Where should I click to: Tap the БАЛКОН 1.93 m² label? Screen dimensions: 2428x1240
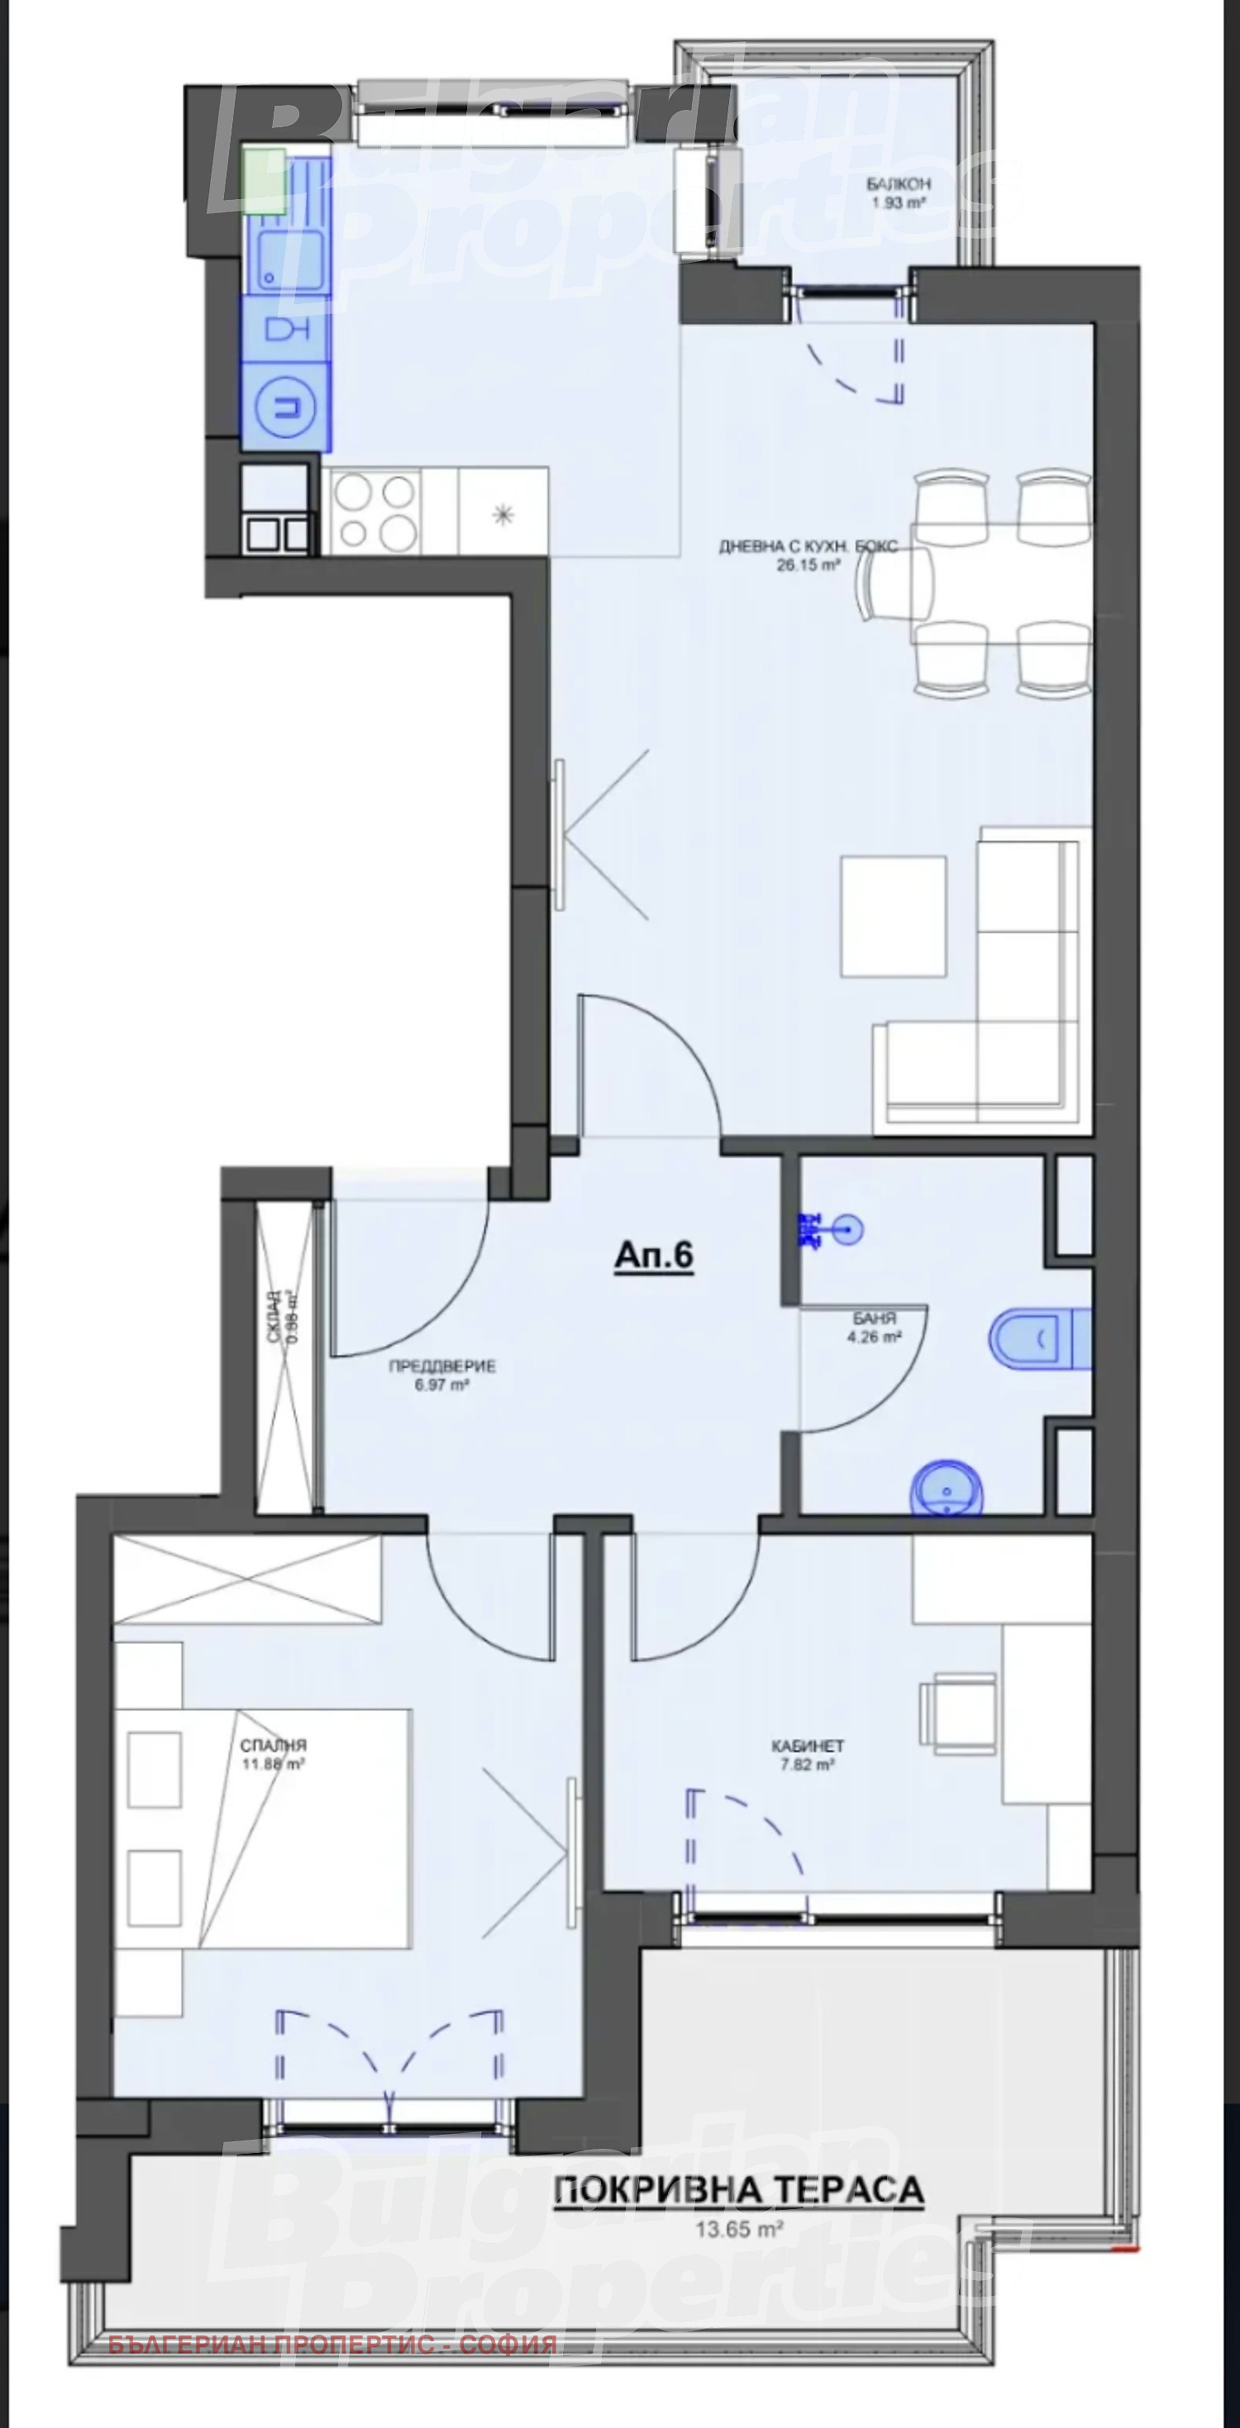point(898,192)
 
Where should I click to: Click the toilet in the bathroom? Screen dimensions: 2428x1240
point(1028,1338)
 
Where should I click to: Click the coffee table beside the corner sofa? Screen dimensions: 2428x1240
point(893,915)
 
